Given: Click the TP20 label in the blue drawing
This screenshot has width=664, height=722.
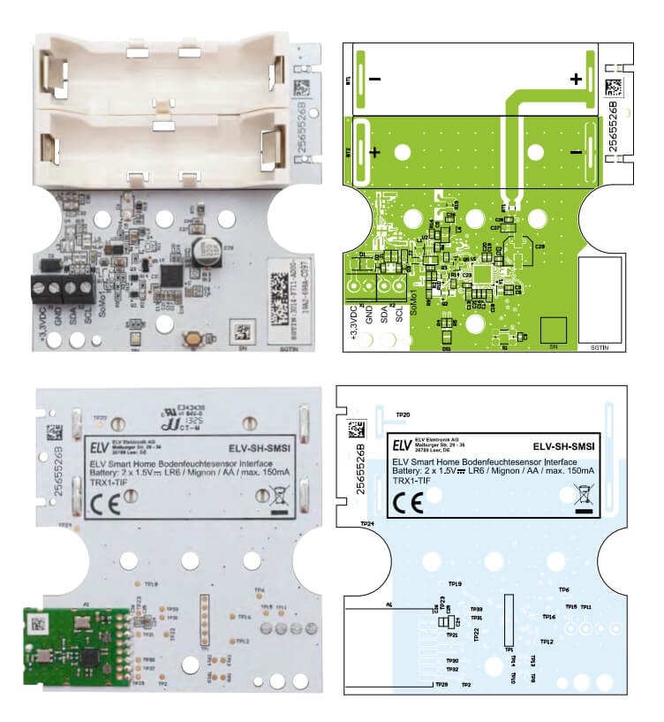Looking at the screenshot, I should coord(403,414).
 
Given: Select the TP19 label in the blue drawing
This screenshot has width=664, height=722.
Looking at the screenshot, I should coord(456,584).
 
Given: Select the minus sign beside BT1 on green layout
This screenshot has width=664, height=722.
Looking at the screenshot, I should coord(375,79).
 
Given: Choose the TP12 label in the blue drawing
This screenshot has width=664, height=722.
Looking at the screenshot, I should coord(547,642).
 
